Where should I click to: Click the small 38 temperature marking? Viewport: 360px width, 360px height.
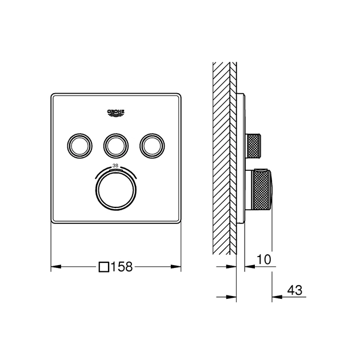(x=116, y=165)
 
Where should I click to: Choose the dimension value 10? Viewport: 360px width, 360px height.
(x=264, y=259)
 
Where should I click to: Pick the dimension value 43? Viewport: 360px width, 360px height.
(x=295, y=290)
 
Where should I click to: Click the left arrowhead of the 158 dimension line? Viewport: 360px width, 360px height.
(x=55, y=266)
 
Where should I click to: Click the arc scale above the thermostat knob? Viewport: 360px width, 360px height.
(x=116, y=170)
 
